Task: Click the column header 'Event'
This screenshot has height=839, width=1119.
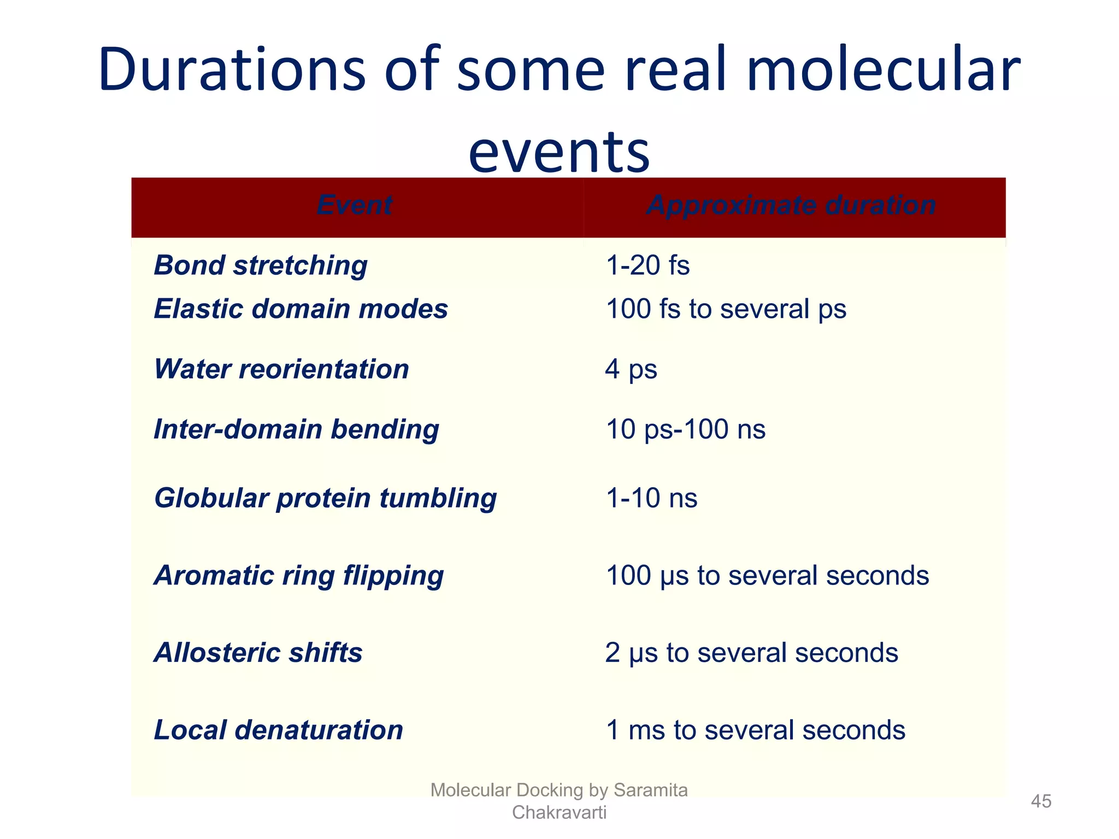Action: tap(354, 206)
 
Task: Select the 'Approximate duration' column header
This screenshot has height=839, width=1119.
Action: tap(791, 206)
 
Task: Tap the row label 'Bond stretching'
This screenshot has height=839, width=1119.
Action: tap(261, 265)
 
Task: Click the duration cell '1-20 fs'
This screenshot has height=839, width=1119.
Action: tap(648, 265)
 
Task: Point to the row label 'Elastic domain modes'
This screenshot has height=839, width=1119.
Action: tap(301, 309)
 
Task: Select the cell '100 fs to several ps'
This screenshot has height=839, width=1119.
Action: tap(726, 309)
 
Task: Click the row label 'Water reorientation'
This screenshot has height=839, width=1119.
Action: tap(281, 369)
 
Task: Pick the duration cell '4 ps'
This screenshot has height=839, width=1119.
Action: tap(631, 369)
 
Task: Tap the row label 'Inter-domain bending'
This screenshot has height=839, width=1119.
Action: tap(296, 429)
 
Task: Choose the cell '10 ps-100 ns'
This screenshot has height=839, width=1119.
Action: tap(686, 429)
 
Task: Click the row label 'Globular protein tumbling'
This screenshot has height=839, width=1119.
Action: tap(325, 498)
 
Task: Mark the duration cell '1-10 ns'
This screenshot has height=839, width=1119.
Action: tap(652, 498)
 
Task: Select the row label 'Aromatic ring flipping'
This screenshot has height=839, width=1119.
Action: tap(298, 576)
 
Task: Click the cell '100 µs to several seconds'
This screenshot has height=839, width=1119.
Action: tap(767, 576)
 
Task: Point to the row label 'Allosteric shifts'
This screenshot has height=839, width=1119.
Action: tap(258, 653)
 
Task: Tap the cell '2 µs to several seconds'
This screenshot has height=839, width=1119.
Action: tap(751, 653)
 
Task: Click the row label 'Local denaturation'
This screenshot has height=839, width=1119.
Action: tap(278, 730)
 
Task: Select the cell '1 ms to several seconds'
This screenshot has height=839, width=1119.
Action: tap(756, 730)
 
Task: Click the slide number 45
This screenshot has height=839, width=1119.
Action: tap(1041, 801)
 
